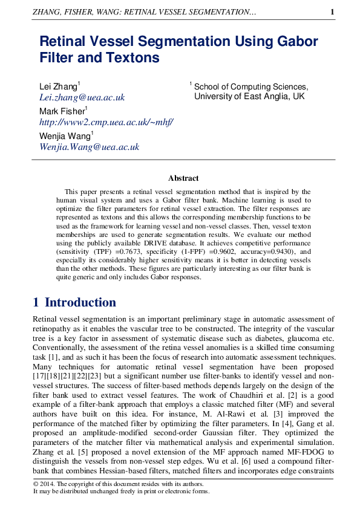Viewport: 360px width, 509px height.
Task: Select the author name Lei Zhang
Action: (57, 87)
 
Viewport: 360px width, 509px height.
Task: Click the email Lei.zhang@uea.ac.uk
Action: (82, 97)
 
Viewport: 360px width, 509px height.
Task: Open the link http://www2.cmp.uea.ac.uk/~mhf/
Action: (106, 122)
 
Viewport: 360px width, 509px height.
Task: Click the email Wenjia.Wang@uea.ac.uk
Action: (89, 146)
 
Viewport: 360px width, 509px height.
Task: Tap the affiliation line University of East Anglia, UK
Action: (249, 97)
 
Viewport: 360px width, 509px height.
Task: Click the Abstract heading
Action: (183, 178)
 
